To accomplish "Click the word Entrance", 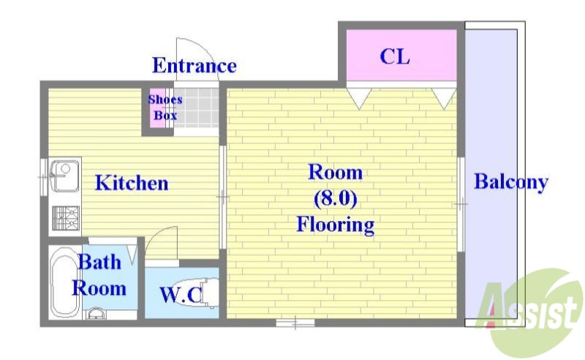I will tap(194, 66).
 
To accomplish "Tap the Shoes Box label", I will tap(165, 108).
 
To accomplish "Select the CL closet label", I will tap(395, 56).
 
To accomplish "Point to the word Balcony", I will tap(511, 182).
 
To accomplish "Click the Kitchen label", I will tap(132, 183).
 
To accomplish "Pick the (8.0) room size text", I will tap(335, 198).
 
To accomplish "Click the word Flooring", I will tap(335, 224).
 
